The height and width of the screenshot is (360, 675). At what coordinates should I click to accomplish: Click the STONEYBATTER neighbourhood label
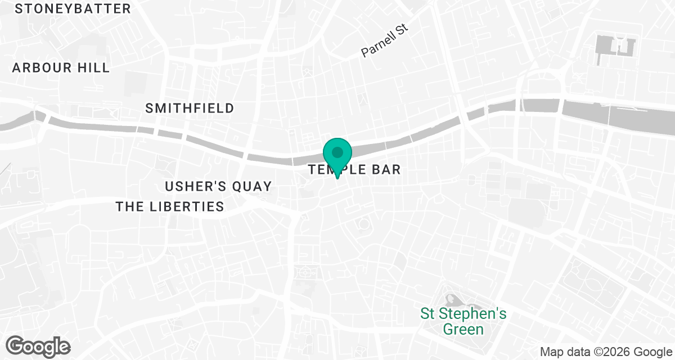73,9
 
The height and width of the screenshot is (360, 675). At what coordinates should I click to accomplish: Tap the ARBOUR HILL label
61,67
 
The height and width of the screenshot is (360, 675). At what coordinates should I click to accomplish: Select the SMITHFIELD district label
190,109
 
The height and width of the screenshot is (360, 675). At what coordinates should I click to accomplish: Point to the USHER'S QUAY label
218,186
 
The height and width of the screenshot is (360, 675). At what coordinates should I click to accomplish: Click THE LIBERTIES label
170,206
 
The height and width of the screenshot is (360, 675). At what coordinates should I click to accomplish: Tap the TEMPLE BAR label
354,169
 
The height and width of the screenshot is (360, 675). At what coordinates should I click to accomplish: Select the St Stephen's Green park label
464,321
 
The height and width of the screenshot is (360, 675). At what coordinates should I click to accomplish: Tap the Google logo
38,345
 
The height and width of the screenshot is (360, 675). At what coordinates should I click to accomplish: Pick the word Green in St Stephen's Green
464,328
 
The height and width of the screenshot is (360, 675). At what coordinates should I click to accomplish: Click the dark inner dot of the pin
337,152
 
